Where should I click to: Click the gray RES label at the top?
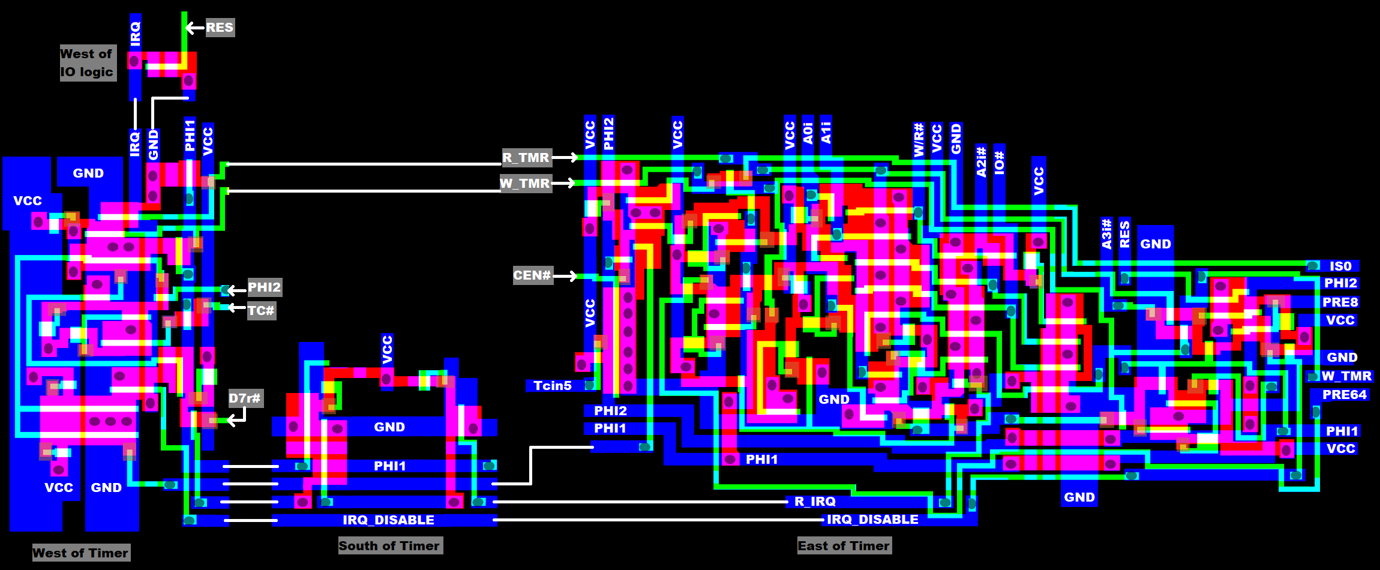pyautogui.click(x=220, y=28)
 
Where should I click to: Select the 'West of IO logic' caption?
pyautogui.click(x=87, y=63)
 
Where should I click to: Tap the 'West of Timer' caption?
pyautogui.click(x=80, y=553)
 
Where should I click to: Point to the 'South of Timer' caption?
pyautogui.click(x=389, y=545)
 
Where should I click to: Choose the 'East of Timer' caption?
pyautogui.click(x=844, y=545)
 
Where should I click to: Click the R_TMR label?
pyautogui.click(x=526, y=158)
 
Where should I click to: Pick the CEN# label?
pyautogui.click(x=532, y=275)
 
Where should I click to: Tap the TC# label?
pyautogui.click(x=261, y=311)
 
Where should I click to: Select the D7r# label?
pyautogui.click(x=245, y=398)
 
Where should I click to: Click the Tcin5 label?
pyautogui.click(x=553, y=386)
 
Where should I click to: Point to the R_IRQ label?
pyautogui.click(x=815, y=502)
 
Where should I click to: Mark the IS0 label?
pyautogui.click(x=1340, y=266)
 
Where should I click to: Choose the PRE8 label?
pyautogui.click(x=1340, y=302)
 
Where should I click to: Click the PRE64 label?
pyautogui.click(x=1345, y=395)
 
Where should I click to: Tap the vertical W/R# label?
pyautogui.click(x=919, y=140)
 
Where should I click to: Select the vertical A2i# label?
pyautogui.click(x=981, y=161)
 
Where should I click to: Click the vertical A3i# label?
pyautogui.click(x=1106, y=234)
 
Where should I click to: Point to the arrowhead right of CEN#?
pyautogui.click(x=573, y=276)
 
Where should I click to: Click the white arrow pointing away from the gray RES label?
pyautogui.click(x=193, y=28)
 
